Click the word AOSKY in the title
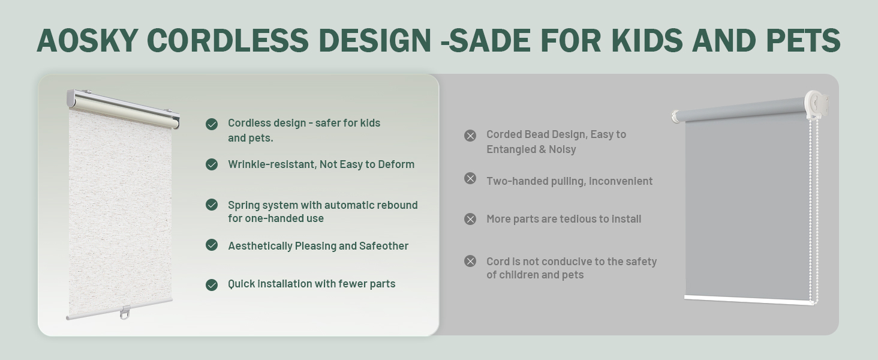pyautogui.click(x=88, y=40)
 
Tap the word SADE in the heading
pyautogui.click(x=490, y=40)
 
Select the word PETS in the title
pyautogui.click(x=803, y=40)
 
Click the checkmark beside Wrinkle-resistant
pyautogui.click(x=212, y=164)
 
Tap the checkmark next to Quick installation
pyautogui.click(x=212, y=285)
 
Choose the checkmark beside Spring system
pyautogui.click(x=212, y=205)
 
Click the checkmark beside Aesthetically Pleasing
pyautogui.click(x=212, y=245)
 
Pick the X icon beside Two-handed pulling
pyautogui.click(x=470, y=178)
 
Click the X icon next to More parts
pyautogui.click(x=470, y=219)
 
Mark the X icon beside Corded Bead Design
pyautogui.click(x=470, y=136)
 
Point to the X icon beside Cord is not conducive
pyautogui.click(x=470, y=261)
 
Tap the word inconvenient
pyautogui.click(x=621, y=181)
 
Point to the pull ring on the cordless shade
pyautogui.click(x=125, y=313)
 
